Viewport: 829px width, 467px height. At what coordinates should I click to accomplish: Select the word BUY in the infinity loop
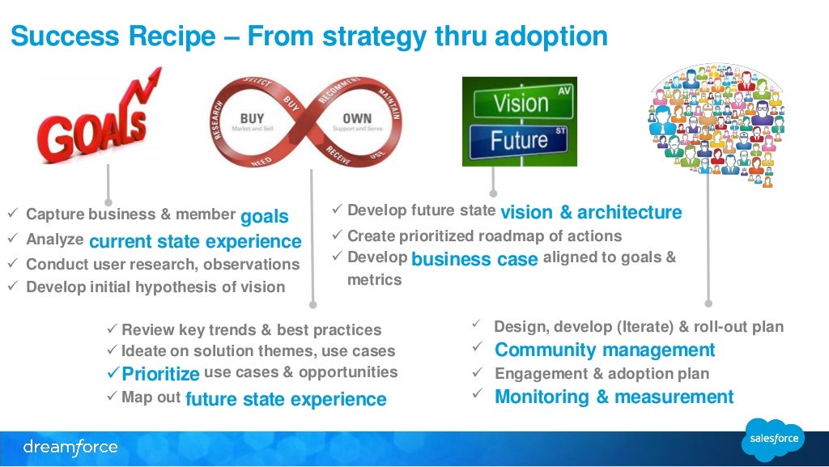(252, 118)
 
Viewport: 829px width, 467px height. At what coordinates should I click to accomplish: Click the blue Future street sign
(518, 140)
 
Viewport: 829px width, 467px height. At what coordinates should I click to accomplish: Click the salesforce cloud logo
(773, 439)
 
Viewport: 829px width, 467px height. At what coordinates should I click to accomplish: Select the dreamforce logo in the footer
(70, 447)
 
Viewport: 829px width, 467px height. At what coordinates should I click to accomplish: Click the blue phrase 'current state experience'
(195, 241)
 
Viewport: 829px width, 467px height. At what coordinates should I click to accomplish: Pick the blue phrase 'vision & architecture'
(591, 212)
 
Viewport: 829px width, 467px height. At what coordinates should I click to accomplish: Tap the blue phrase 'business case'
(474, 259)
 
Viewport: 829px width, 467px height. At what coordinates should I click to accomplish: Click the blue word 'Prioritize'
(160, 374)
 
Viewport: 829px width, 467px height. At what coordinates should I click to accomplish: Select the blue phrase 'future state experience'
(286, 399)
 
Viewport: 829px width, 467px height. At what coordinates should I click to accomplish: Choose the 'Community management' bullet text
(605, 350)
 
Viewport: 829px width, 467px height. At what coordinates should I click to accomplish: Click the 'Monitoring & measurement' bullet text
(614, 397)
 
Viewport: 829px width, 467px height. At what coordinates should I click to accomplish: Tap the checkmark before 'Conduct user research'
(12, 264)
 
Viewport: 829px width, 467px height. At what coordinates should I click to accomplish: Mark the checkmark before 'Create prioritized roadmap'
(338, 236)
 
